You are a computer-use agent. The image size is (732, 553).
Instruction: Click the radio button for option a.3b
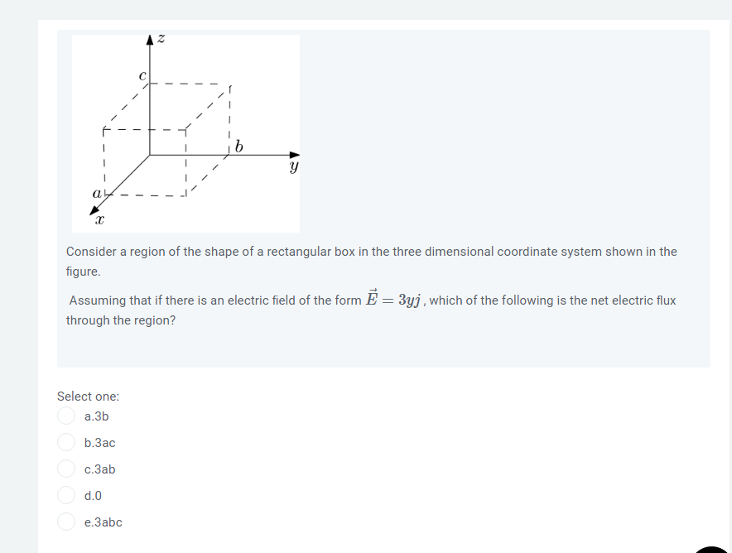point(66,416)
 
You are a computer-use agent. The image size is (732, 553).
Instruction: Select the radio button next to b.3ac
point(66,443)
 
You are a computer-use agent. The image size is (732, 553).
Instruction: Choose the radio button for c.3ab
point(66,469)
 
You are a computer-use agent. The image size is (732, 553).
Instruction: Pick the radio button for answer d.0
point(66,496)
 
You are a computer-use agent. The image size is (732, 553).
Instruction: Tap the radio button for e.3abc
point(66,522)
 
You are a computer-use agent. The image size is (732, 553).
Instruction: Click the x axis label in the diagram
point(99,221)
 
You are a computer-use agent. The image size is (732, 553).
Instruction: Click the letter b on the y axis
point(239,147)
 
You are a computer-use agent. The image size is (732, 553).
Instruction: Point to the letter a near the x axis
point(97,193)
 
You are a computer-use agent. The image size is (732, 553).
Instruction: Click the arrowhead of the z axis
point(150,38)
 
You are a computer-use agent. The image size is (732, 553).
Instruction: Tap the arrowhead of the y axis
point(295,154)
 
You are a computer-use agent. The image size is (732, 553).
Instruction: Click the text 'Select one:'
point(88,397)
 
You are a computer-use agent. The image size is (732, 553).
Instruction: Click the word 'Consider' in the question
point(93,251)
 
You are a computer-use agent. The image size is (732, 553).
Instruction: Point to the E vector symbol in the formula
point(369,299)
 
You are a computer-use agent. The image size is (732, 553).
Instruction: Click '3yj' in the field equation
point(412,300)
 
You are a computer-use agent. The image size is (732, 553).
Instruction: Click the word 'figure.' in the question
point(83,272)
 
